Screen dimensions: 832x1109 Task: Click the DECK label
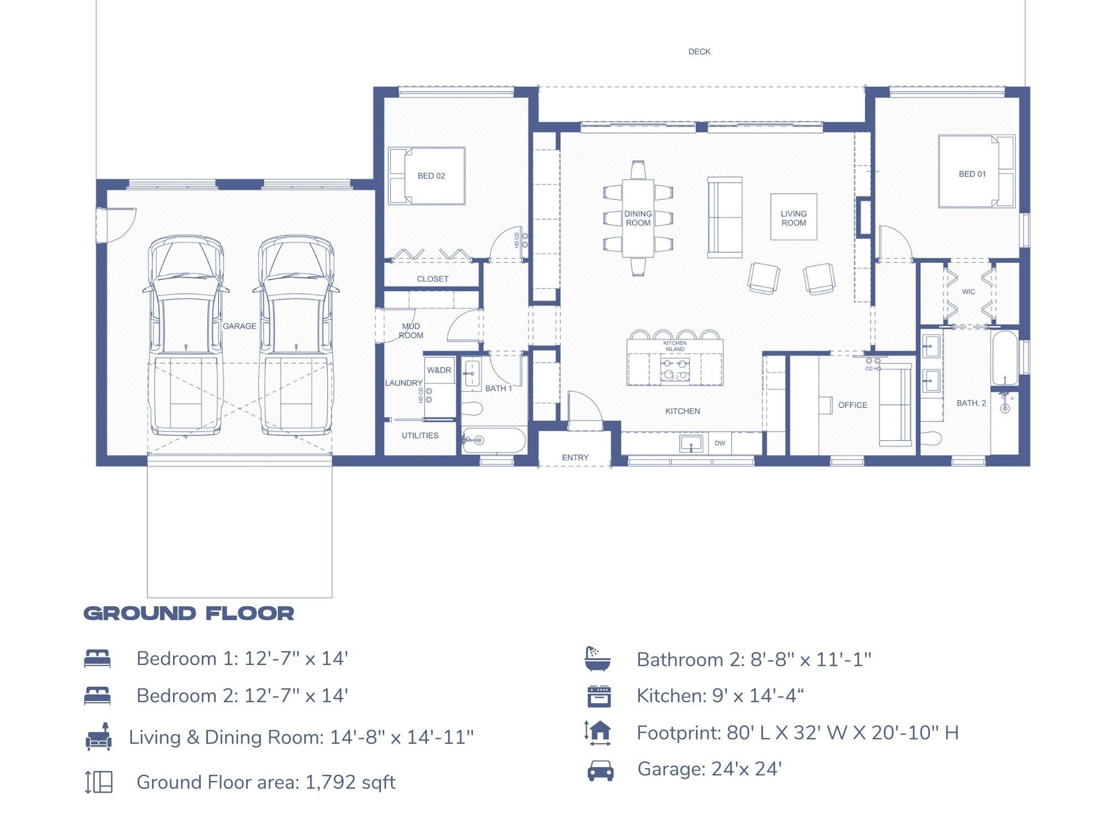coord(699,52)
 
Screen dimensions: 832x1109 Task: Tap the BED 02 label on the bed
coord(431,176)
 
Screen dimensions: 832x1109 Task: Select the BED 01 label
coord(972,174)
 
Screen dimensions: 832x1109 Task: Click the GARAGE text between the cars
coord(240,326)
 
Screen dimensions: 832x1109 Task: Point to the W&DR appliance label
coord(439,370)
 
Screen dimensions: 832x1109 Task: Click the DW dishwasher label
coord(720,443)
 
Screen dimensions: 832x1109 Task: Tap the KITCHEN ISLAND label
coord(675,346)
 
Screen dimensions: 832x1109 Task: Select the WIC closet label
coord(968,292)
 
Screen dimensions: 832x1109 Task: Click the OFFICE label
coord(852,405)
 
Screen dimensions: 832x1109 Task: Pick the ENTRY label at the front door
coord(575,458)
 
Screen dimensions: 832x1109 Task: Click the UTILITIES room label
coord(420,435)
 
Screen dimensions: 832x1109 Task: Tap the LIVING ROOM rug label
coord(793,218)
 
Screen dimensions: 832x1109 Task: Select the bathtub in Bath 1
coord(494,440)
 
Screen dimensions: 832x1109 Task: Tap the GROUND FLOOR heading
coord(189,613)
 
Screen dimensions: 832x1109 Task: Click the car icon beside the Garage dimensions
coord(600,770)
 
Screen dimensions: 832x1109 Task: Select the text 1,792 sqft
coord(350,782)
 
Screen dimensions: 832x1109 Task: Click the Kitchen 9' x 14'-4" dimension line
coord(720,696)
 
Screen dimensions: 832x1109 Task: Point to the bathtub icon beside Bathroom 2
coord(597,658)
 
